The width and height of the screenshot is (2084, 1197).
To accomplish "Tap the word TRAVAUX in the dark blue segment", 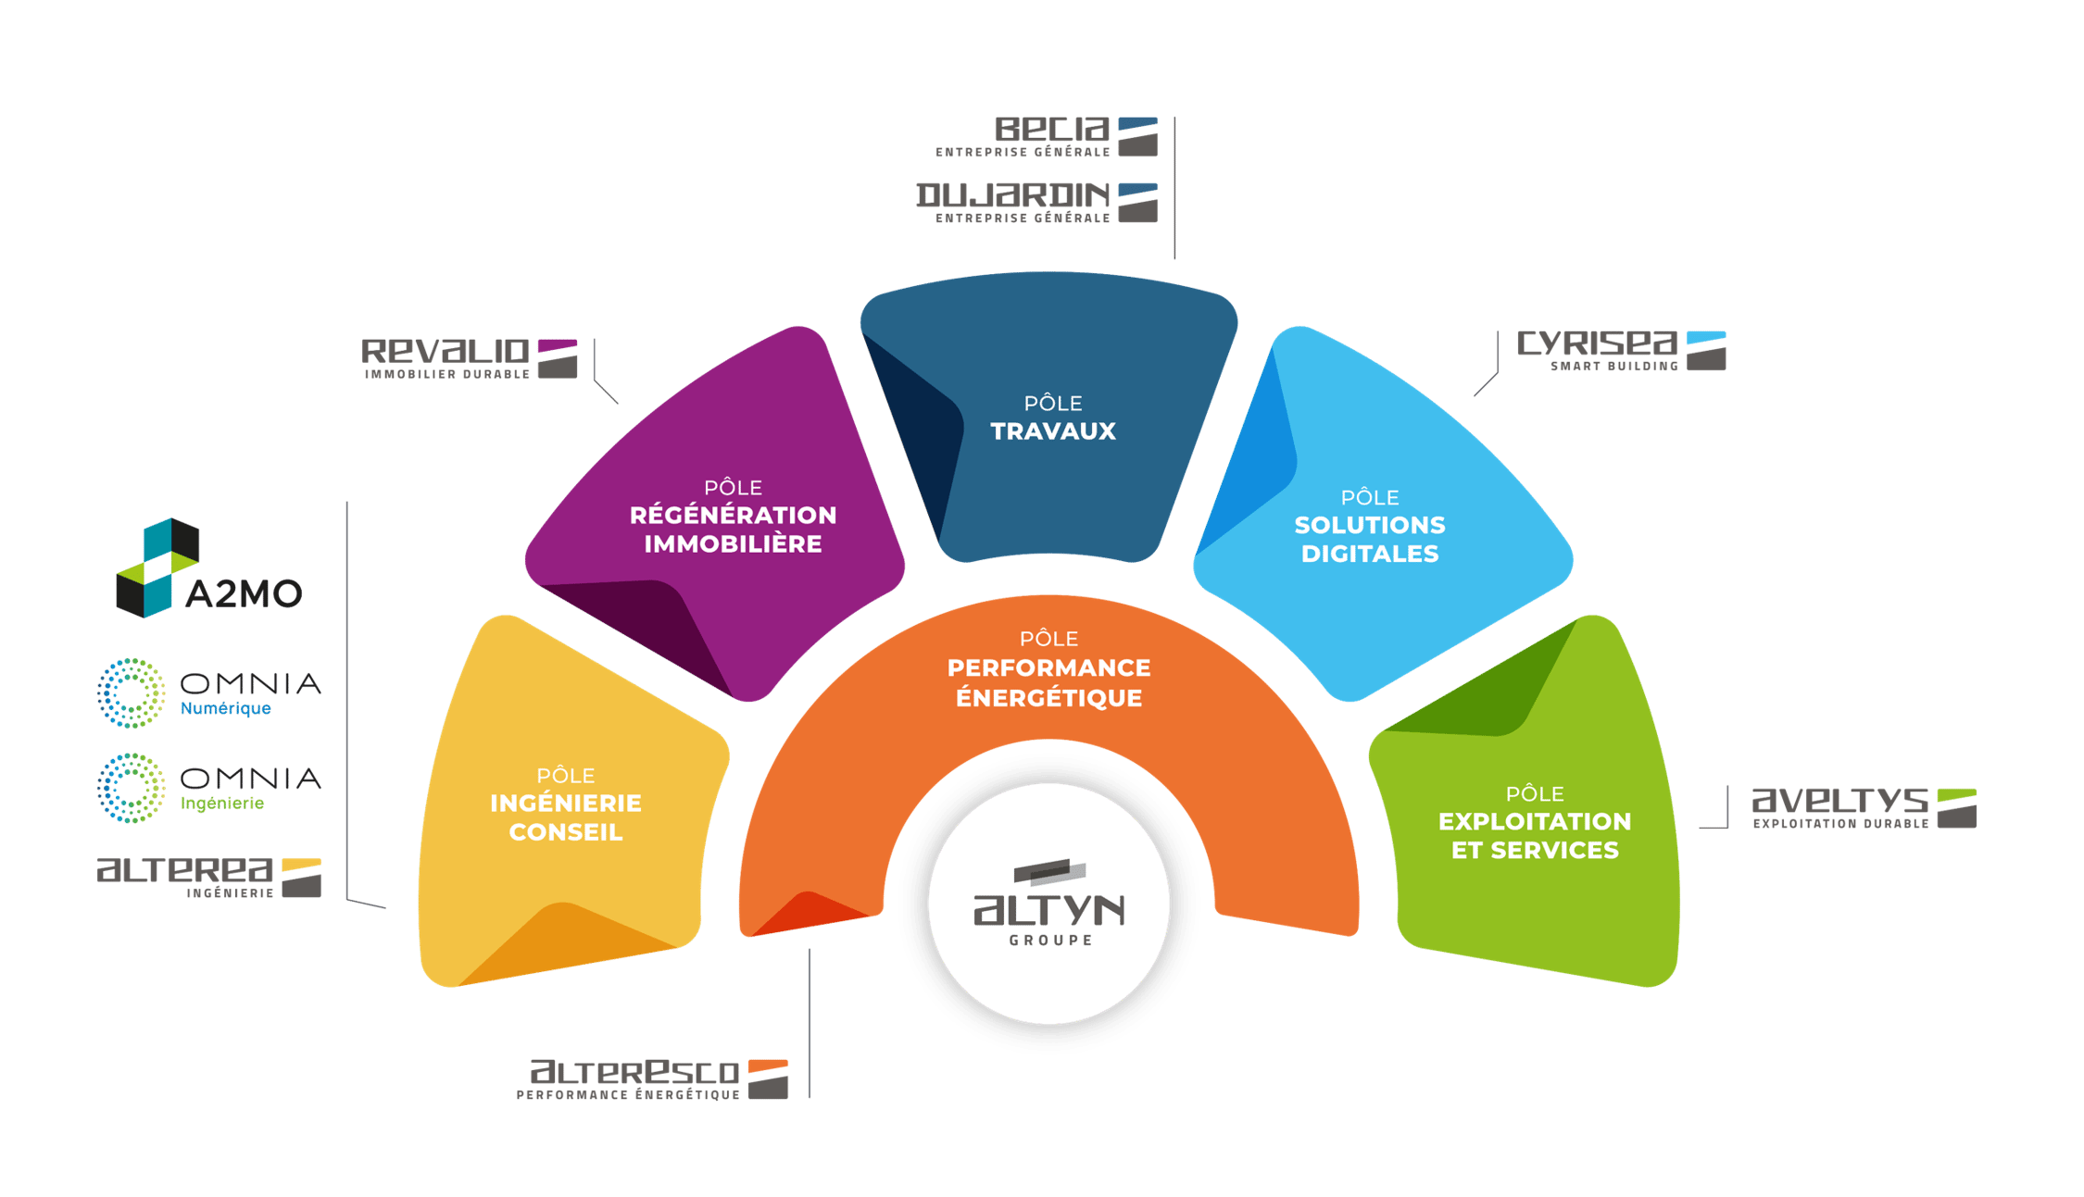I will (1053, 431).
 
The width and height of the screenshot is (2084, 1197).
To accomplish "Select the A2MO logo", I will (209, 568).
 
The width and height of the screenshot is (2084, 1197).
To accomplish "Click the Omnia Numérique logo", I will (209, 692).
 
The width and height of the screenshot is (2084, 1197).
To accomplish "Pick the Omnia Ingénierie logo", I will (209, 788).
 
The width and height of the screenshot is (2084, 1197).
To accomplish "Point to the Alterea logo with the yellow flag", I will (209, 876).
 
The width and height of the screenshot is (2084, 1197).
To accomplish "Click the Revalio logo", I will (469, 358).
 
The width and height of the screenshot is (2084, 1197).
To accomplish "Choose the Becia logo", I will (1047, 136).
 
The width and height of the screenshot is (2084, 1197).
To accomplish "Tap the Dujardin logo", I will (1037, 202).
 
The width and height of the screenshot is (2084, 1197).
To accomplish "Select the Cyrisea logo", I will (1621, 351).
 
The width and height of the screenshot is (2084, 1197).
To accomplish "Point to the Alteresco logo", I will (652, 1079).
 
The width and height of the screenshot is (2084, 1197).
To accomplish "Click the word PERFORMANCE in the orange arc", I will (1048, 667).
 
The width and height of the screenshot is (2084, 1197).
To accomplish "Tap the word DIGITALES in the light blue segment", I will (1370, 554).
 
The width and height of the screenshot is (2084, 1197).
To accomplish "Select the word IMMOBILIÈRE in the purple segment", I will (733, 543).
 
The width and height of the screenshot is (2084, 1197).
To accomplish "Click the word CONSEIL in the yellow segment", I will (565, 832).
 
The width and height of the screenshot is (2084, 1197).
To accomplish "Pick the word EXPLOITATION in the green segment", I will (1535, 821).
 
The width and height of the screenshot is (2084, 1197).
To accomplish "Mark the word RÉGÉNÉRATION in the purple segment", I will (733, 515).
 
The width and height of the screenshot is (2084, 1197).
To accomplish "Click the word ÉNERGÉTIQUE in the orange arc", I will (1048, 697).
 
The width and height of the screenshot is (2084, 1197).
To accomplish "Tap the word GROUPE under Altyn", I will (1049, 940).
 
